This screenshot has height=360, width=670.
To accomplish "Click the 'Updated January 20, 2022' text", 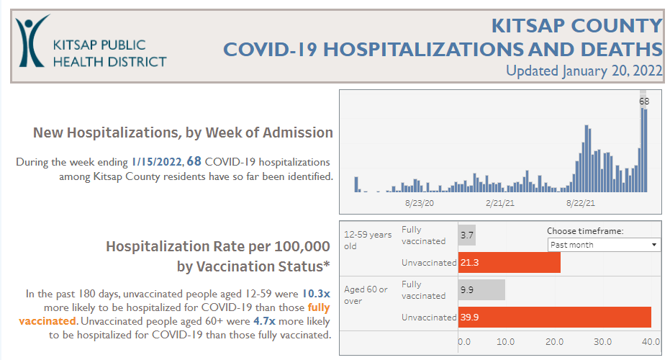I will [x=584, y=71].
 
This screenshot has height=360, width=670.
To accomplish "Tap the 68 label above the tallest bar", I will [x=644, y=102].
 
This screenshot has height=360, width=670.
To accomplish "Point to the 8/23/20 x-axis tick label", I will [x=420, y=204].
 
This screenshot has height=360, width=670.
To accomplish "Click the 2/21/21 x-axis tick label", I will [x=499, y=204].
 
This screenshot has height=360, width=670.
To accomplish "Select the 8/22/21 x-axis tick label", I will [x=580, y=204].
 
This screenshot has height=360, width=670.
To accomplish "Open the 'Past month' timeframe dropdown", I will [x=603, y=245].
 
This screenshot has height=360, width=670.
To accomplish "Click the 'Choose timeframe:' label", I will [x=584, y=231].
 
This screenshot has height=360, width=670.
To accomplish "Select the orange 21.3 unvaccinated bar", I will [x=510, y=263].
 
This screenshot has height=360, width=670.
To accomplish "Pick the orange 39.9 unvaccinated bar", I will [x=554, y=317].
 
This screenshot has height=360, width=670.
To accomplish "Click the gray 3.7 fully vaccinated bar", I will [x=467, y=235].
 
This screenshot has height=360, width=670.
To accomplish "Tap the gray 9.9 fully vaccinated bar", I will [x=481, y=290].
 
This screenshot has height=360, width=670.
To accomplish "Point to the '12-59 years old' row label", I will [x=368, y=240].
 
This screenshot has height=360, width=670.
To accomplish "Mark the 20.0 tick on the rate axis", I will [x=554, y=341].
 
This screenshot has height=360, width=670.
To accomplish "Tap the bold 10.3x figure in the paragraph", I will [x=316, y=294].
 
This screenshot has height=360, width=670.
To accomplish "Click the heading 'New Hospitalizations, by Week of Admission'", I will [x=183, y=132].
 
